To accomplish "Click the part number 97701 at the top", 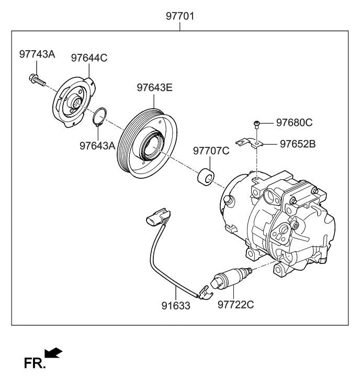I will tap(180, 16).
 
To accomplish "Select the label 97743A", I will tap(37, 54).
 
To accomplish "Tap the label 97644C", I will tap(89, 58).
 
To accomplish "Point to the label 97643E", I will tap(154, 88).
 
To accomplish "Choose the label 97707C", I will tap(211, 151).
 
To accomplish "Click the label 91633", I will tap(175, 306).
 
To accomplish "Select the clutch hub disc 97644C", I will tap(73, 102).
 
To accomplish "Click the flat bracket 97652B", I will tap(250, 142).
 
